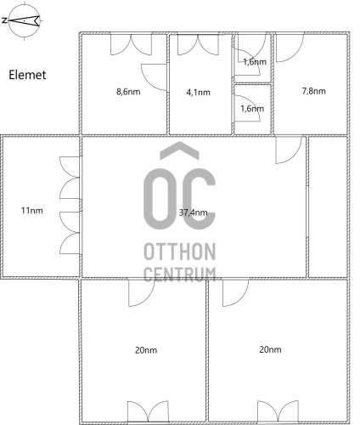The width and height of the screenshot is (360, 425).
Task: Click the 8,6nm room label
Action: click(x=128, y=92)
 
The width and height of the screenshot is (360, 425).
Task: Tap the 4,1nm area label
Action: click(x=198, y=93)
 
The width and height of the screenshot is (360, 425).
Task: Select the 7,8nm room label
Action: click(x=313, y=91)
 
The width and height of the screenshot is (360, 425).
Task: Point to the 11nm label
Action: click(x=32, y=211)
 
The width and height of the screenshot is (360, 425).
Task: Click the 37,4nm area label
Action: click(x=193, y=212)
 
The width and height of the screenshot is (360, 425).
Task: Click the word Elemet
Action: click(x=27, y=75)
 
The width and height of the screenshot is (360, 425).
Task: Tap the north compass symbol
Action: click(x=25, y=20)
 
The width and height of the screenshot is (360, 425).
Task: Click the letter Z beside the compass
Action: click(x=4, y=20)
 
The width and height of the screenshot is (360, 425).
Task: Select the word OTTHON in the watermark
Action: click(x=180, y=252)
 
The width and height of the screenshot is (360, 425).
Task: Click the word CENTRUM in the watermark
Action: click(x=180, y=274)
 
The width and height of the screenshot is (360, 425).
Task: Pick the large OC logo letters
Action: click(x=179, y=199)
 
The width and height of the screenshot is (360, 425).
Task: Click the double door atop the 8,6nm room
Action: click(x=131, y=44)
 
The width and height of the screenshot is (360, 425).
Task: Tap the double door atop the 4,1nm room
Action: click(x=198, y=44)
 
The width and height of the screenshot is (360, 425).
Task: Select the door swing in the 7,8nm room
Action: click(x=290, y=48)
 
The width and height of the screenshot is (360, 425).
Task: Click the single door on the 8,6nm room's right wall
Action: click(x=154, y=77)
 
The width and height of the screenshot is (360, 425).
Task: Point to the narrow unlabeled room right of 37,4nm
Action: click(x=328, y=207)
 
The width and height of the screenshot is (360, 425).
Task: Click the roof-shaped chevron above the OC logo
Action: click(x=179, y=150)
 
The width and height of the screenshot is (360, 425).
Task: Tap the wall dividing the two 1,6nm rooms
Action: click(x=252, y=84)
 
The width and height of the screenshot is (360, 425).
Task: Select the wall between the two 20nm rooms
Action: click(x=207, y=350)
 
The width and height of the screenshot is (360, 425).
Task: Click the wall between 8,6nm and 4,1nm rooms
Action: click(x=168, y=84)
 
